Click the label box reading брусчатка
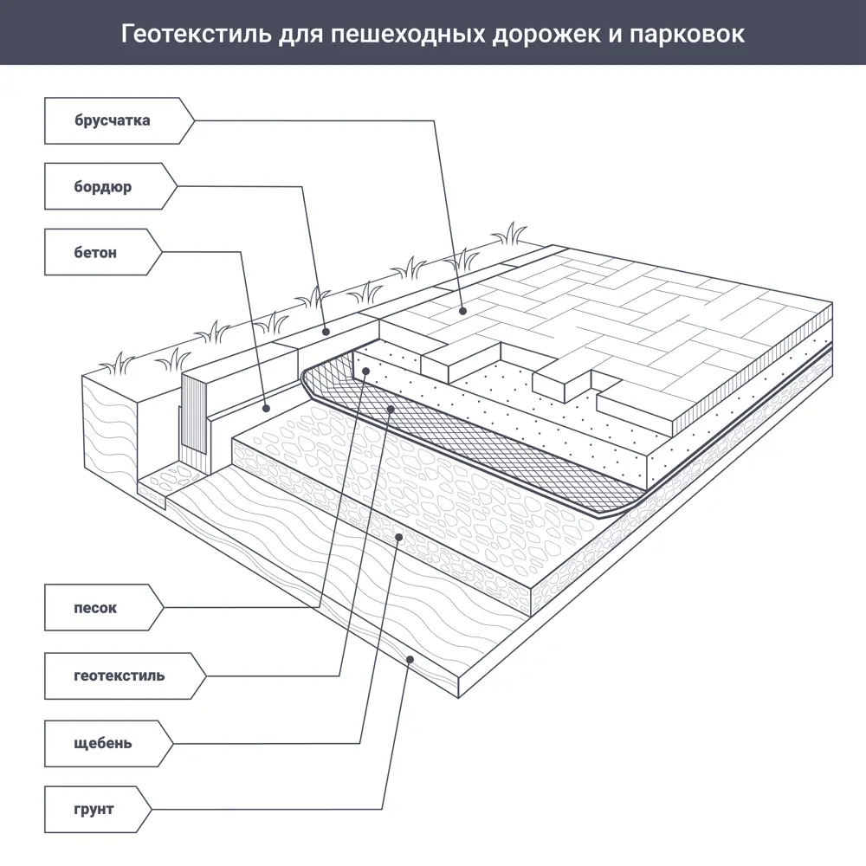point(113,120)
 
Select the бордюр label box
point(104,187)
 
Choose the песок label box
point(97,608)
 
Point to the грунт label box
point(94,811)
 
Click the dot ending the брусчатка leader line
point(463,310)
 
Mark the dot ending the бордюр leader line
point(326,331)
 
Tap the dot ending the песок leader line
point(367,372)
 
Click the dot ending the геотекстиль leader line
point(392,407)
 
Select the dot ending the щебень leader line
point(399,537)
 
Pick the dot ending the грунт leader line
point(411,661)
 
